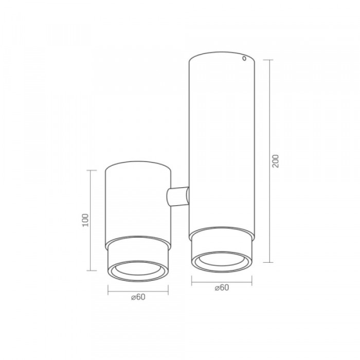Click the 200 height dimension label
pos(275,161)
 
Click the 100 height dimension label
pos(85,220)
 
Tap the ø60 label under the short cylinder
pos(138,297)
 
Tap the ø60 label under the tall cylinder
pos(222,287)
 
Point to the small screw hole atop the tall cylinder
pos(245,59)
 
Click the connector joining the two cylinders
pos(178,196)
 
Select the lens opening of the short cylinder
pos(138,269)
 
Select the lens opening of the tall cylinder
pos(222,260)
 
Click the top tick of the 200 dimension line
pos(268,60)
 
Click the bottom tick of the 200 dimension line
pos(268,262)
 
